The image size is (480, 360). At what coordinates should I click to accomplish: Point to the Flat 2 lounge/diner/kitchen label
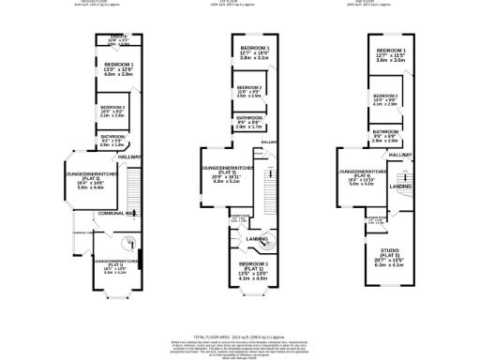pyautogui.click(x=90, y=178)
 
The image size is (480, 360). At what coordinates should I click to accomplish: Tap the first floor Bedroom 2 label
pyautogui.click(x=248, y=91)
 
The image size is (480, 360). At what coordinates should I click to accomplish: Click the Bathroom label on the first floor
pyautogui.click(x=248, y=122)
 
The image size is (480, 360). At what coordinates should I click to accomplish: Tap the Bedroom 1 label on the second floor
pyautogui.click(x=391, y=54)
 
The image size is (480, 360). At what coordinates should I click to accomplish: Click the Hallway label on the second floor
pyautogui.click(x=401, y=154)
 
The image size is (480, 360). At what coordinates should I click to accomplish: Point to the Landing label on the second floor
pyautogui.click(x=401, y=186)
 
